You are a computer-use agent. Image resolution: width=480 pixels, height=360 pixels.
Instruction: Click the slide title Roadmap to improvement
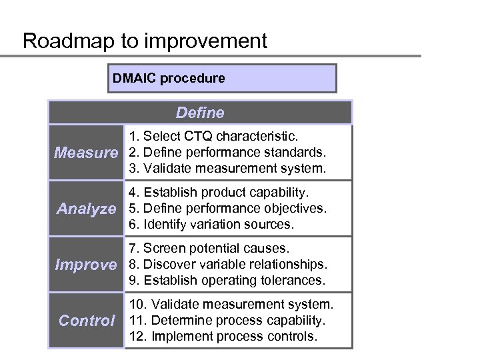(x=145, y=41)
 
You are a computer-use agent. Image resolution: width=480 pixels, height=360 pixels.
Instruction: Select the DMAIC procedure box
(x=223, y=78)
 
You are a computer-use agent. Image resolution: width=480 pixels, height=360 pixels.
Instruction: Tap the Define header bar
(x=200, y=113)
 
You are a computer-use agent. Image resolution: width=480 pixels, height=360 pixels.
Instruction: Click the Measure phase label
(x=85, y=153)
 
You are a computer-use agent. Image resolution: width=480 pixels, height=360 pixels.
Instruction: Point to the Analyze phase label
(x=87, y=209)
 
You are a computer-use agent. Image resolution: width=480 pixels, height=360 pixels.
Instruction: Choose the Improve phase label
(x=85, y=265)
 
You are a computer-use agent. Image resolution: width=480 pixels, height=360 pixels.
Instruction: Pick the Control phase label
(x=87, y=321)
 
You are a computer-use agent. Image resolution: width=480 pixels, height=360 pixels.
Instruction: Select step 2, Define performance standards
(x=227, y=153)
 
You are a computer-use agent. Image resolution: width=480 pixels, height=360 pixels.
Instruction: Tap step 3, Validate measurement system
(x=227, y=169)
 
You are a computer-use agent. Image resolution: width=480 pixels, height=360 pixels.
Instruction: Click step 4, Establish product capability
(x=219, y=193)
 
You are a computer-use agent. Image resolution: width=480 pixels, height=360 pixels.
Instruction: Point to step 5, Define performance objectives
(x=227, y=209)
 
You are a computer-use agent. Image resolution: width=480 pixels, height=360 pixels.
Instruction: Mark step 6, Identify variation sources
(x=211, y=225)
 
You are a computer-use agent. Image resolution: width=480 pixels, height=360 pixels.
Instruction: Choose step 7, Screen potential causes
(x=209, y=249)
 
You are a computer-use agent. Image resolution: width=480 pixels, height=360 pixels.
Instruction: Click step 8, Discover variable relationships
(x=227, y=265)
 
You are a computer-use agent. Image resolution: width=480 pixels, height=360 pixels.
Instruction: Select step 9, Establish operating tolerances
(x=227, y=281)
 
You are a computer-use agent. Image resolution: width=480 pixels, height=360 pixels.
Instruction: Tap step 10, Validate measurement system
(x=231, y=305)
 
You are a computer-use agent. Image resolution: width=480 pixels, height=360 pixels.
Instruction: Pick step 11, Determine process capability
(x=227, y=321)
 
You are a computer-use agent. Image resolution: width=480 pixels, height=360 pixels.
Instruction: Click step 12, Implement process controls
(x=223, y=337)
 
